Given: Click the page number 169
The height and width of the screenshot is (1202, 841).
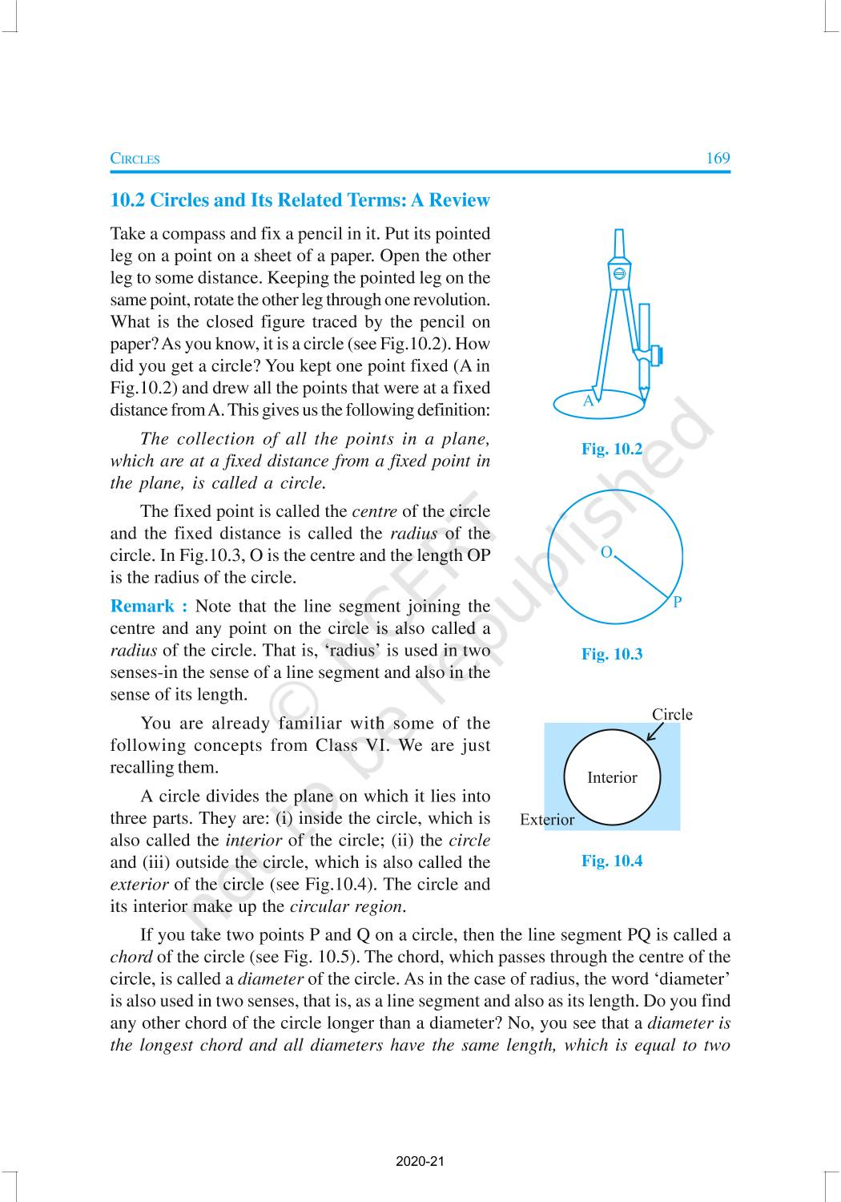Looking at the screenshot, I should click(x=718, y=158).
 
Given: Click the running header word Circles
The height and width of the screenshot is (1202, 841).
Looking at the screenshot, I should click(x=135, y=159).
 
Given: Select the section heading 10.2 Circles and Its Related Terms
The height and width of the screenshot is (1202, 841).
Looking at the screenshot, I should click(x=300, y=200).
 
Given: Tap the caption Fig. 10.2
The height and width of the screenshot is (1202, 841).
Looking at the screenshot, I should click(x=612, y=449).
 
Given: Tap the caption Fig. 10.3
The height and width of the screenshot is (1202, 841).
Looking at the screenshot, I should click(x=612, y=654).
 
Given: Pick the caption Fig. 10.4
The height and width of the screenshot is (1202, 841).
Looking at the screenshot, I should click(x=612, y=861).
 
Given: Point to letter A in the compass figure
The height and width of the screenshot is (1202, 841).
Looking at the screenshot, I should click(x=589, y=401).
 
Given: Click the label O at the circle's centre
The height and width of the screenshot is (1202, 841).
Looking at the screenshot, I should click(x=606, y=552).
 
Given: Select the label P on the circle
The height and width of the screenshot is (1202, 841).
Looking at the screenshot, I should click(x=678, y=603).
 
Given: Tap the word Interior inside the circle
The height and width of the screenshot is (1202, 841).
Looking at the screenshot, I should click(x=612, y=777).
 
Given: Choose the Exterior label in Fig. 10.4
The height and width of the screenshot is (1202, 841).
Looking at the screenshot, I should click(x=547, y=820).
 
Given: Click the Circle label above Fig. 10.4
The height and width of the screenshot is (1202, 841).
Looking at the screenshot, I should click(x=672, y=715).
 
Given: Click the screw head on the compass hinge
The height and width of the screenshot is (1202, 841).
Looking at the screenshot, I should click(x=618, y=274).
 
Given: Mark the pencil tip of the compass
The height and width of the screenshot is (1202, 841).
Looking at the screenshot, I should click(x=643, y=392).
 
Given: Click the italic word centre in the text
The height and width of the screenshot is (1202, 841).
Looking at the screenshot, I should click(x=374, y=511).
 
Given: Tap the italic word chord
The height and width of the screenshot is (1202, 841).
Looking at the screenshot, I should click(x=131, y=957).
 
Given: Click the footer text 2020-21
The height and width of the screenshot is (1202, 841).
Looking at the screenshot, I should click(x=420, y=1161).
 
